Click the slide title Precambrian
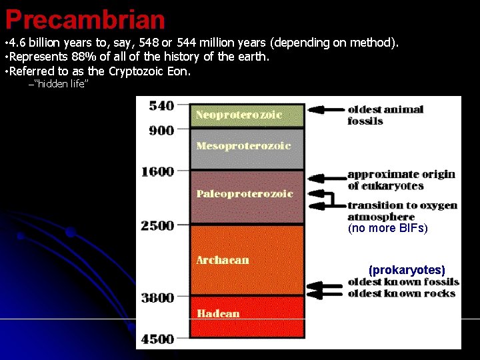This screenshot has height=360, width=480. pyautogui.click(x=85, y=19)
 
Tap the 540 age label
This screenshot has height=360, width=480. pyautogui.click(x=161, y=105)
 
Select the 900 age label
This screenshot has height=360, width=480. pyautogui.click(x=161, y=131)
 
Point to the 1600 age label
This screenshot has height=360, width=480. pyautogui.click(x=157, y=171)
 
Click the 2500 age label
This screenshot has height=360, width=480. pyautogui.click(x=157, y=225)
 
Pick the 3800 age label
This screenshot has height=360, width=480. pyautogui.click(x=157, y=298)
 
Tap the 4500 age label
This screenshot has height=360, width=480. pyautogui.click(x=157, y=339)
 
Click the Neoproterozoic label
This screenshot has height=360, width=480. pyautogui.click(x=239, y=115)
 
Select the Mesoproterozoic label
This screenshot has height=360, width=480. pyautogui.click(x=243, y=145)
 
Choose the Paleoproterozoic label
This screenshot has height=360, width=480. pyautogui.click(x=245, y=193)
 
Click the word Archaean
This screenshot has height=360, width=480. pyautogui.click(x=222, y=259)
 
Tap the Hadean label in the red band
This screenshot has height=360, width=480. pyautogui.click(x=217, y=313)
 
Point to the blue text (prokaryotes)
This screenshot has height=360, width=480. pyautogui.click(x=407, y=270)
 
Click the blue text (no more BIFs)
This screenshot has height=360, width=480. pyautogui.click(x=388, y=228)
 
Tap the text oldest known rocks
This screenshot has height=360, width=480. pyautogui.click(x=401, y=293)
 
